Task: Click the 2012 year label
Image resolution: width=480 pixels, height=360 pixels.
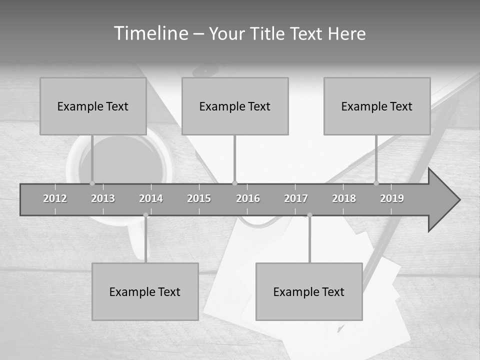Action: click(55, 198)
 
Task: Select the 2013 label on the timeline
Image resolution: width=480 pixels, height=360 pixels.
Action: click(103, 198)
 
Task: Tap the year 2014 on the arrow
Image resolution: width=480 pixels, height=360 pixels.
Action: click(151, 198)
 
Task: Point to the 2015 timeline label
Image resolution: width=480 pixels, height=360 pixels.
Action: click(199, 198)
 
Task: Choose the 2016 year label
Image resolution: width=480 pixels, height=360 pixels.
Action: click(248, 198)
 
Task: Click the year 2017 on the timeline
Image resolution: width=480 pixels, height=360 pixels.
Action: click(296, 198)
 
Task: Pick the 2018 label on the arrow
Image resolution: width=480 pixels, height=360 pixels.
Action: click(344, 198)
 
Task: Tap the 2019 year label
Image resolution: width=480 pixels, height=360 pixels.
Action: click(392, 198)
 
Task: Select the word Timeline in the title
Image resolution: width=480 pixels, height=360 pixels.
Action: click(150, 33)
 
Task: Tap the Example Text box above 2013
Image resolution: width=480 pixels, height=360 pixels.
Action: click(93, 106)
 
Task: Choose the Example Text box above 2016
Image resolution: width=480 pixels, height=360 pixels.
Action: click(235, 106)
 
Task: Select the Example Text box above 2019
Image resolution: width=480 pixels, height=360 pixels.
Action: click(377, 106)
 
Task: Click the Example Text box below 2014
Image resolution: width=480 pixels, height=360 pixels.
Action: click(145, 291)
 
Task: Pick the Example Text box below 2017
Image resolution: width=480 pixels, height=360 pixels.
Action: click(309, 291)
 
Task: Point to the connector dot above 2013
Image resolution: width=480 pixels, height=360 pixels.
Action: click(92, 183)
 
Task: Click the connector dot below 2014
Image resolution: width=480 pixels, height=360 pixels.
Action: click(146, 215)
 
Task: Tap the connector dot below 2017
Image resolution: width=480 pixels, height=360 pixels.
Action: click(309, 215)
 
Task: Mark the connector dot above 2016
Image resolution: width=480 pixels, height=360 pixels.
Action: click(235, 183)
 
